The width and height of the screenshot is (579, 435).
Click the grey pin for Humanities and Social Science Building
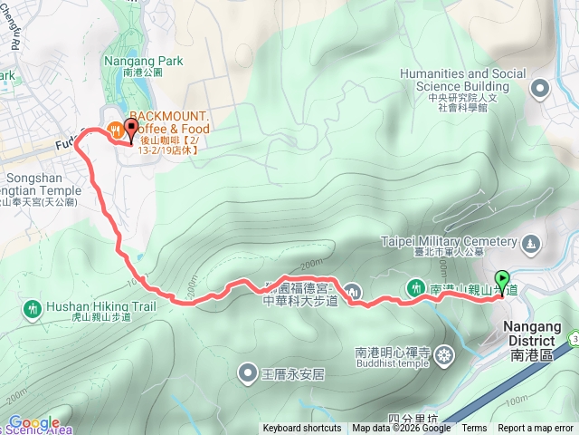[x=541, y=88]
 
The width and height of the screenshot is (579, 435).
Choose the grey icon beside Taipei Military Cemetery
[x=530, y=242]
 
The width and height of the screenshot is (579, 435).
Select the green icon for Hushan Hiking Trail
[x=33, y=309]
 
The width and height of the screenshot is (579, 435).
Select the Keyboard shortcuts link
[x=302, y=429]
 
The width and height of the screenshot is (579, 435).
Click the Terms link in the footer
[x=474, y=429]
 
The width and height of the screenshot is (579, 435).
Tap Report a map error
[x=536, y=429]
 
